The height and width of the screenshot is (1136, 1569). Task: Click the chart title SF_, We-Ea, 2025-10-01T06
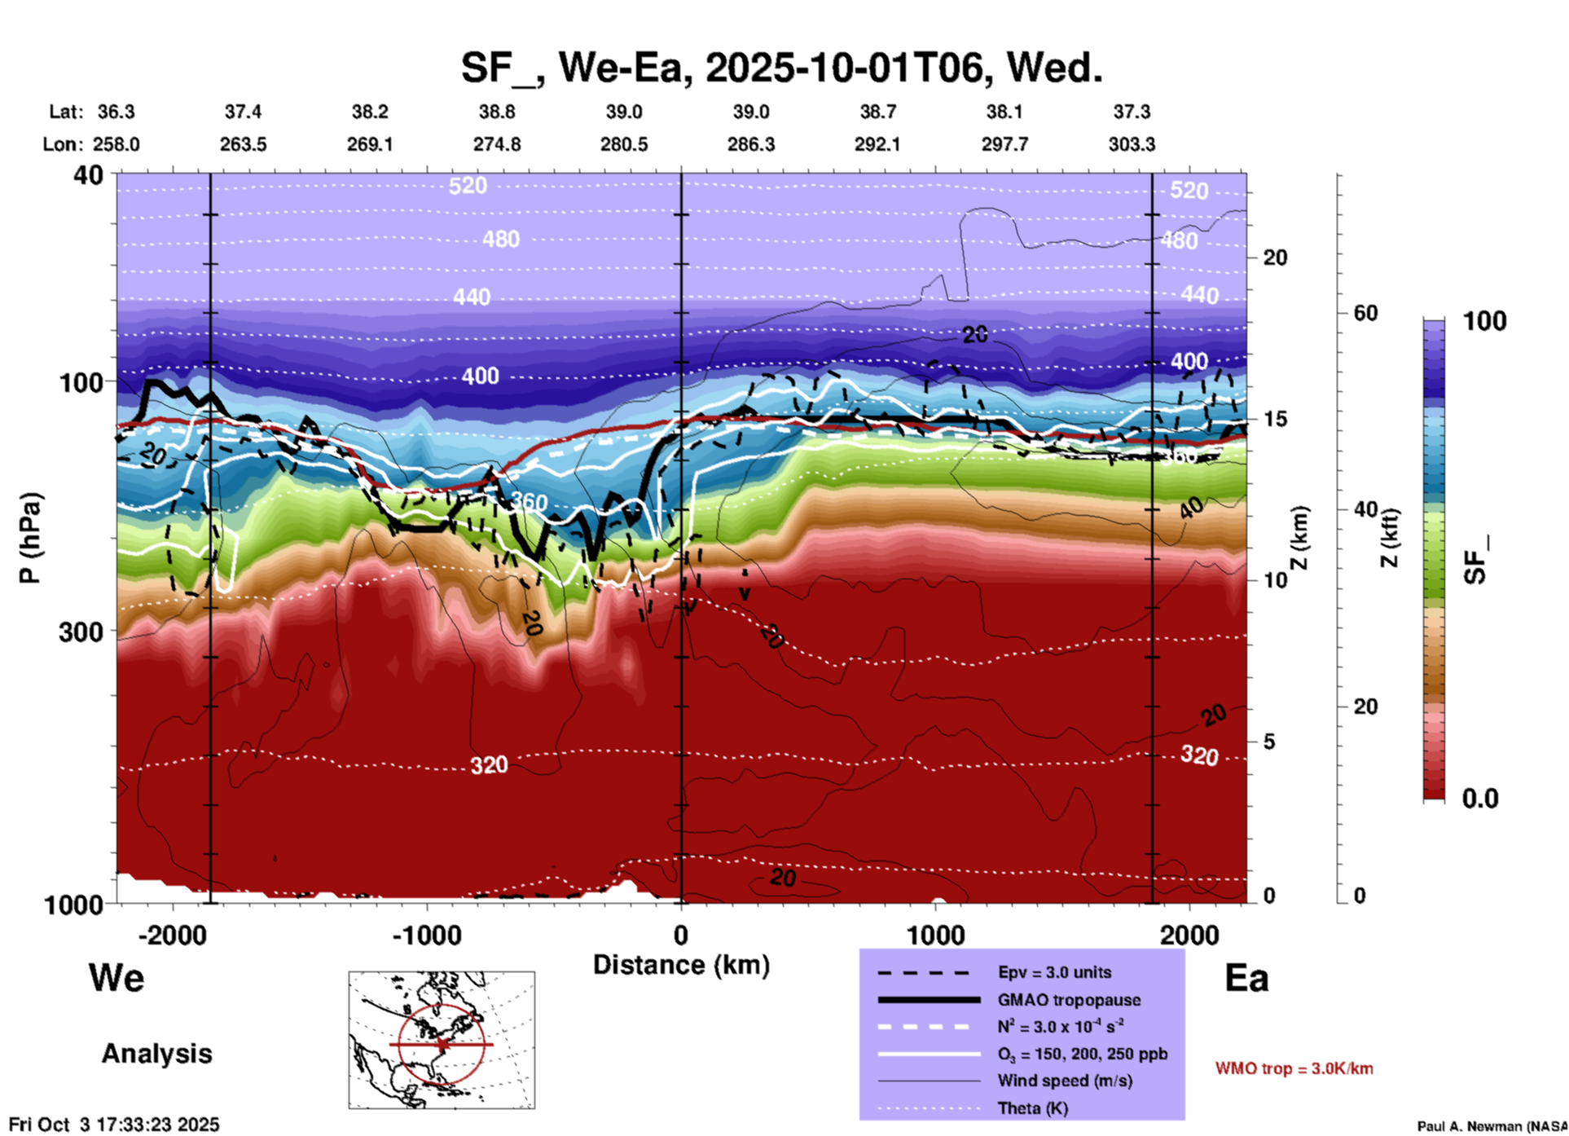[781, 68]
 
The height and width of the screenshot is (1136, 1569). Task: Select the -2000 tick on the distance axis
[172, 935]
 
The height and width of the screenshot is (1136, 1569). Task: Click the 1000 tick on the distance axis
[936, 935]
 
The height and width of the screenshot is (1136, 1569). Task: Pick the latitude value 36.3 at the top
[116, 112]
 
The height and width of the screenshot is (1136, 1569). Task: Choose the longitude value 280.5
[624, 144]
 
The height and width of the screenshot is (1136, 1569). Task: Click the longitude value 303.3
[1132, 144]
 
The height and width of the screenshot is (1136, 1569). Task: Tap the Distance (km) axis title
[681, 965]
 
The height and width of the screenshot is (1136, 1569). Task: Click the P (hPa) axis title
[29, 538]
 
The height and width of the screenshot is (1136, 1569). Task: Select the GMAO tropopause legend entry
[1069, 1000]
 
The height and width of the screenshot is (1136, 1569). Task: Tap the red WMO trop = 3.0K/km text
[1294, 1068]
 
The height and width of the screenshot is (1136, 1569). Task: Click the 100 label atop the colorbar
[1484, 321]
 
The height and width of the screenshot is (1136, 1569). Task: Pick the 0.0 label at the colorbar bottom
[1480, 799]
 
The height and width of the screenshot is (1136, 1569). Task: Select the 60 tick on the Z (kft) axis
[1365, 313]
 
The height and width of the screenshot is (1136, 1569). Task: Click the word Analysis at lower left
[156, 1054]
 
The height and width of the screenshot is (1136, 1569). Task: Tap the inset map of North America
[442, 1040]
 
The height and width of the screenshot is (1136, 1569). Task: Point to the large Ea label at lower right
[1246, 978]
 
